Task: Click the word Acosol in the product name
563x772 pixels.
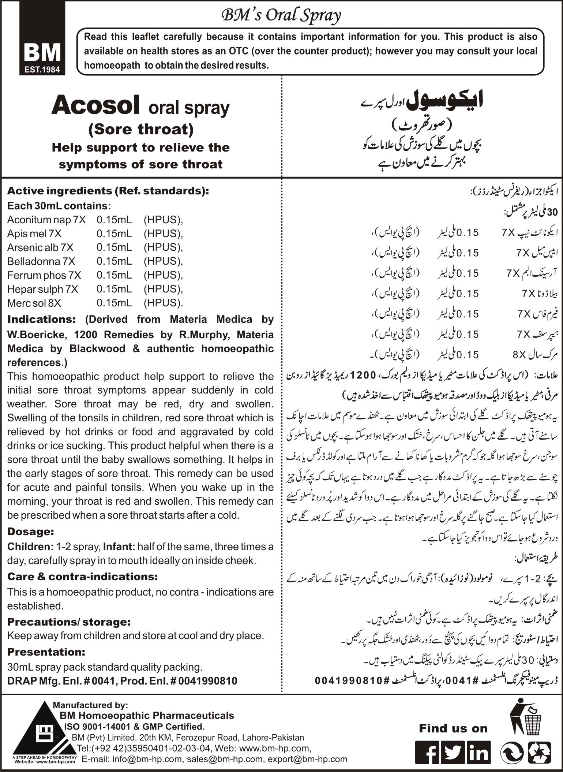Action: pyautogui.click(x=95, y=106)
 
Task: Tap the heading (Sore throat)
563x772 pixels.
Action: pyautogui.click(x=141, y=129)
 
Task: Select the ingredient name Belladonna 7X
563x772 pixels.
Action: pyautogui.click(x=41, y=261)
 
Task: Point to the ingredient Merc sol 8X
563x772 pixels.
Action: pyautogui.click(x=34, y=303)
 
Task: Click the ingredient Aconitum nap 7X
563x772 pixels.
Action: pyautogui.click(x=46, y=220)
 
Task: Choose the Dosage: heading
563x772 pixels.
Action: pyautogui.click(x=31, y=532)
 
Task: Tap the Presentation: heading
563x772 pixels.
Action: pyautogui.click(x=46, y=652)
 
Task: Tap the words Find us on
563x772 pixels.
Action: pyautogui.click(x=453, y=728)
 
